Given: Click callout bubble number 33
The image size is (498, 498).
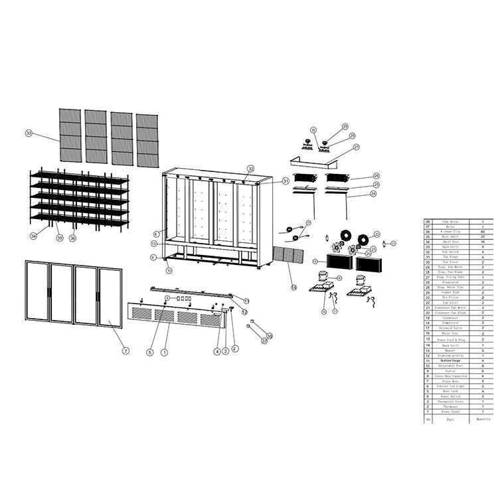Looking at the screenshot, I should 29,133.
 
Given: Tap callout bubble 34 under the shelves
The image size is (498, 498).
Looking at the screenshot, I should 33,236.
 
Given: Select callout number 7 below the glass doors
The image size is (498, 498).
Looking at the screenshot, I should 126,350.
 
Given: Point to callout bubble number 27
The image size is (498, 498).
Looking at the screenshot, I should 357,147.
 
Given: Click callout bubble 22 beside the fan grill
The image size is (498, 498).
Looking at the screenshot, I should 376,234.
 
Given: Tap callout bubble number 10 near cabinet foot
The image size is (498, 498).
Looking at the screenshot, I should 169,270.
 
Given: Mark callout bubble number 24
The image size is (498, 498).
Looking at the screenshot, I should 373,193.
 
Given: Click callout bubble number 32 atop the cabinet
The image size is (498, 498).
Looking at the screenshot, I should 250,168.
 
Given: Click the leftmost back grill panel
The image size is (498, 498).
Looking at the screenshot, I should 70,134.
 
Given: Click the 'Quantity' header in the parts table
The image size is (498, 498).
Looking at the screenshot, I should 482,419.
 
